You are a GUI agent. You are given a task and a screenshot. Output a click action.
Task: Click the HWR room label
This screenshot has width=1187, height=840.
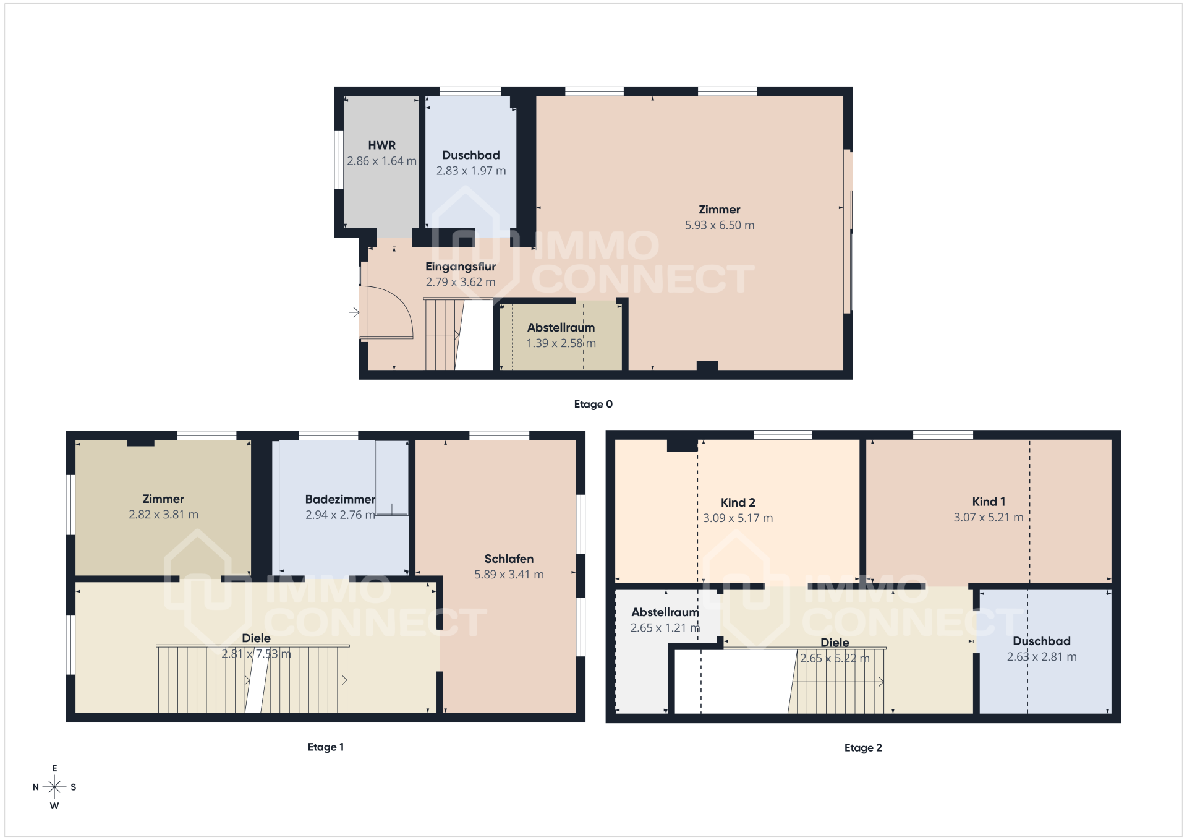pos(381,145)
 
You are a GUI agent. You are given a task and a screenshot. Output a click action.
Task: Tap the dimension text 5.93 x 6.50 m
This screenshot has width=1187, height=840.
pos(720,225)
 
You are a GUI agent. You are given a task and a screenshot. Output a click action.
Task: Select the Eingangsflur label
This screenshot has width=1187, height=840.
pos(461,267)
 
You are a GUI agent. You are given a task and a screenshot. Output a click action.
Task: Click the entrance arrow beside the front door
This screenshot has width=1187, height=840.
pos(354,312)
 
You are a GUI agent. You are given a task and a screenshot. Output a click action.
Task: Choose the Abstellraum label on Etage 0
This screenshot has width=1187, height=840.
pos(561,328)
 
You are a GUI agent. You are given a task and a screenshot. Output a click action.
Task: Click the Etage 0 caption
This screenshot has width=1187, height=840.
pos(593,404)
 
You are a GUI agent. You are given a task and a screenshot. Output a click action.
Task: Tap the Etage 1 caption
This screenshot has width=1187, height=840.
pos(326,747)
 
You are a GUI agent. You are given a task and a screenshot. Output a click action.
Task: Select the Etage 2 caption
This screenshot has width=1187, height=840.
pos(863,747)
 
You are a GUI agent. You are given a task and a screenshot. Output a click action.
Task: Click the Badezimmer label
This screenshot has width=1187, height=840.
pos(340,499)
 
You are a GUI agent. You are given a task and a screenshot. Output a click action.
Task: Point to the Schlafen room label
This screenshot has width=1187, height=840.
pos(509,559)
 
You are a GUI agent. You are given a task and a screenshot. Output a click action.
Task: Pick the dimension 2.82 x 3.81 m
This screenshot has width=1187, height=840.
pos(164,515)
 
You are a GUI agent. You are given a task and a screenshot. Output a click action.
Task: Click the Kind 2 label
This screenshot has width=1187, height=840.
pos(738,502)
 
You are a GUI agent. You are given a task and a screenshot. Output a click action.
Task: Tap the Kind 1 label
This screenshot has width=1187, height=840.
pos(989,502)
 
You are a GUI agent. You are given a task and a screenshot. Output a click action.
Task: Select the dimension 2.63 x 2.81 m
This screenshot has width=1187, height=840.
pos(1042,657)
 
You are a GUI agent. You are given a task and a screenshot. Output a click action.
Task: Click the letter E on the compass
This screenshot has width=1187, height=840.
pos(54,768)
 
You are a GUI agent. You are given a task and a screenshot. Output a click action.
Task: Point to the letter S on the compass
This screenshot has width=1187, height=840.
pos(74,787)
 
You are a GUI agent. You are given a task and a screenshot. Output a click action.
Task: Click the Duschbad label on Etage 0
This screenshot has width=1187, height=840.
pos(471,155)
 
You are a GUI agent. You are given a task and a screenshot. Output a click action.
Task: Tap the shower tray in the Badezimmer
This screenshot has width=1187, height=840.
pos(392,478)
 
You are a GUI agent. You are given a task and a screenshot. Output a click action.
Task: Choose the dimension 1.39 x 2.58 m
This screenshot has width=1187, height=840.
pos(561,343)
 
